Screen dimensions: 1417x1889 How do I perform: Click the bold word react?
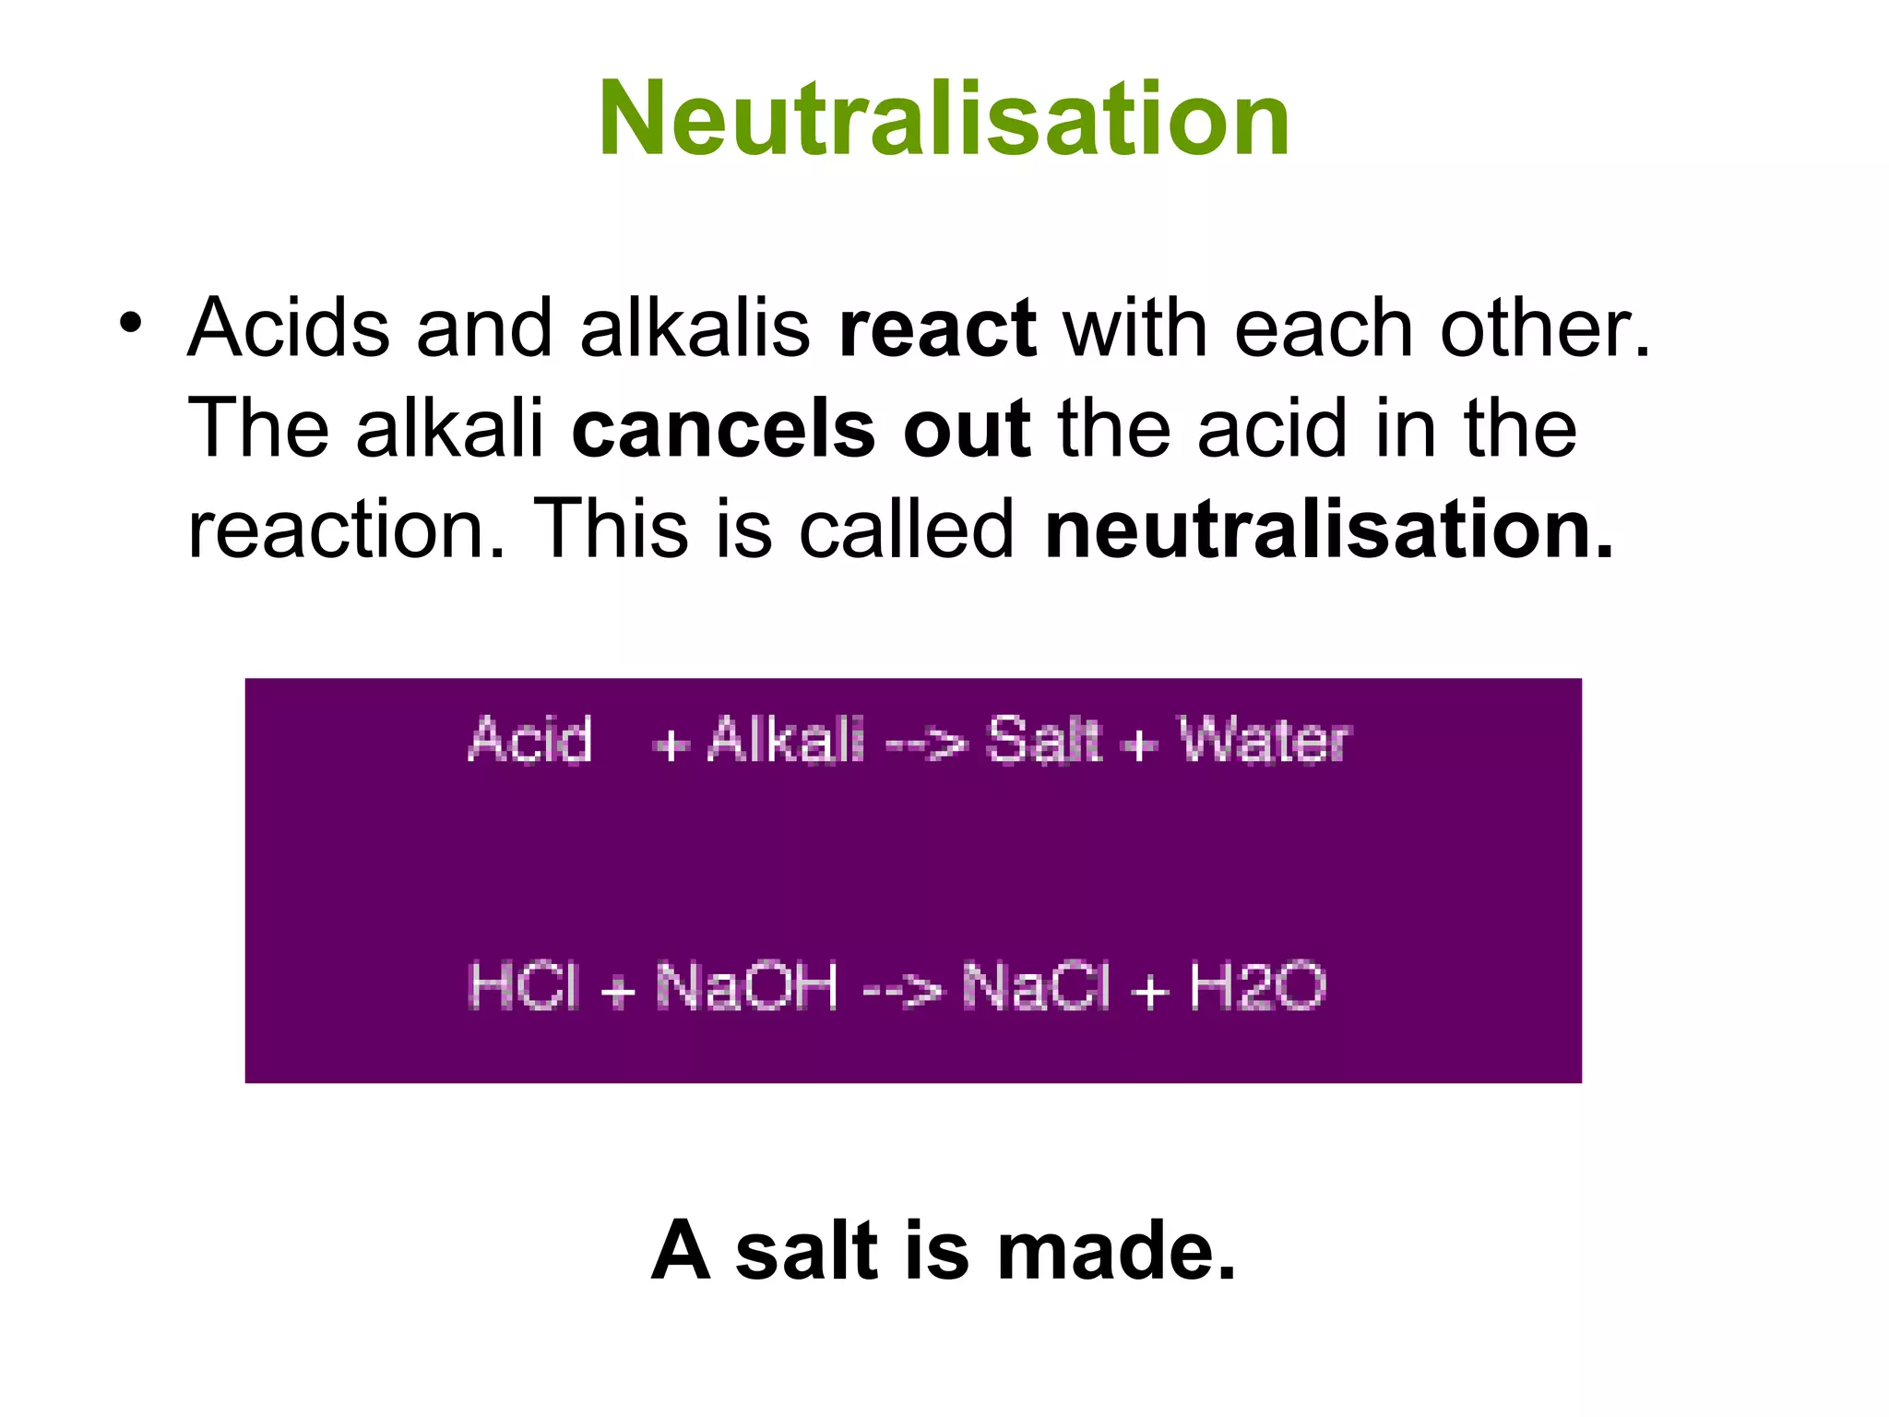point(937,329)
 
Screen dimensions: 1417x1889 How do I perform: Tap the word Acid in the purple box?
point(529,740)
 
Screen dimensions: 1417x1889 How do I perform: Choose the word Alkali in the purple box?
point(786,740)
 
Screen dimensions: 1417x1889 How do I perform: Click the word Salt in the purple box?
point(1043,740)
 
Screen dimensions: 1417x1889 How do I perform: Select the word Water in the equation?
point(1265,740)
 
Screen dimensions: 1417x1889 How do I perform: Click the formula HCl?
point(524,986)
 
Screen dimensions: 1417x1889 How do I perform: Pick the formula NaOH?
point(747,986)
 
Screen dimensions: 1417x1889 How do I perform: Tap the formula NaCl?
point(1037,986)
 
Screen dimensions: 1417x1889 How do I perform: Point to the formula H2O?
point(1257,986)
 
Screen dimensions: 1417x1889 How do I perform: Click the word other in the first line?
point(1545,329)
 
